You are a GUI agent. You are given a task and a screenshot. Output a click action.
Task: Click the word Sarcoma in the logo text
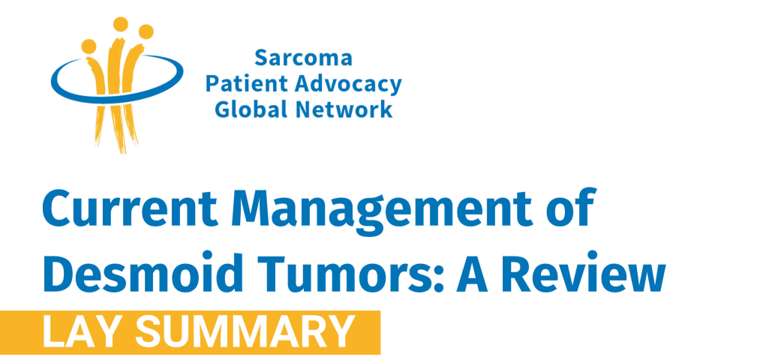(303, 58)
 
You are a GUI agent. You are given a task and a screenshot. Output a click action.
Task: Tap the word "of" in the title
(570, 208)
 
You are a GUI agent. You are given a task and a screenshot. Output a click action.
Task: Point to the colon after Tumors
(439, 280)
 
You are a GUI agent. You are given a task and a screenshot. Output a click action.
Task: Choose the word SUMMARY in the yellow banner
(245, 331)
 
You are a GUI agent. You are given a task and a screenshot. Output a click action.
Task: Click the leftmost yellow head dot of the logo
(89, 46)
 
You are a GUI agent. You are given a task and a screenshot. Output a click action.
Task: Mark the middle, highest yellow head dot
(120, 24)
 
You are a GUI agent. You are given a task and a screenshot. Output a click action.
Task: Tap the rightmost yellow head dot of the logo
(146, 31)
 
